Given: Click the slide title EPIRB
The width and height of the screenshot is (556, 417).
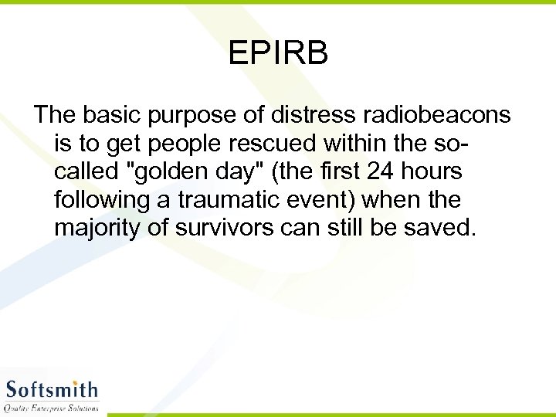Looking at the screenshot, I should (278, 53).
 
